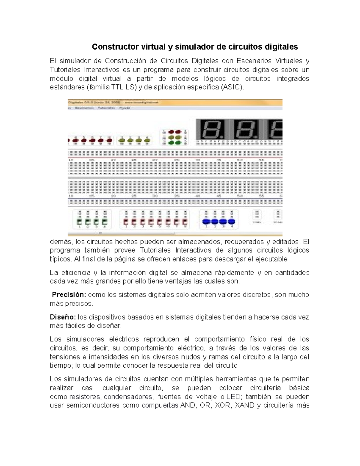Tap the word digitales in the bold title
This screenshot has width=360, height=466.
pos(281,47)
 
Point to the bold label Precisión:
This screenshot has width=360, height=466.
pos(69,295)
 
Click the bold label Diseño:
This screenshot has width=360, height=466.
pos(63,317)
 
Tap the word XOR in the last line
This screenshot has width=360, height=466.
pos(223,406)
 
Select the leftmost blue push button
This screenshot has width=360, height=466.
pos(206,222)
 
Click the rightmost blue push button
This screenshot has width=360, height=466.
pos(232,222)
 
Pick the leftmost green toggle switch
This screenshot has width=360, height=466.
pos(79,222)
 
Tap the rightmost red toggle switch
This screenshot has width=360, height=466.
pos(184,222)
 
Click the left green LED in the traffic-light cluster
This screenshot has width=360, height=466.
pos(171,143)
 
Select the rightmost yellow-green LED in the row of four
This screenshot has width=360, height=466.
pos(147,140)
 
